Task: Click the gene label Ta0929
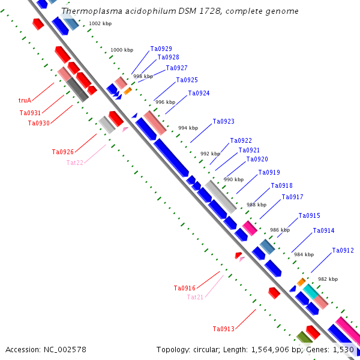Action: [x=161, y=49]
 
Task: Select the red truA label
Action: [x=25, y=100]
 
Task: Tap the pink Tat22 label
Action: [x=75, y=163]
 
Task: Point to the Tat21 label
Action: [x=195, y=297]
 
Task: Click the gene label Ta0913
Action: [x=223, y=329]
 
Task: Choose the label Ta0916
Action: [x=184, y=288]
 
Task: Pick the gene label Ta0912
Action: [x=343, y=250]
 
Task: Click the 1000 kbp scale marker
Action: [x=122, y=50]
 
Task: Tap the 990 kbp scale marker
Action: [x=233, y=179]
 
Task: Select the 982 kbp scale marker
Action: [x=328, y=279]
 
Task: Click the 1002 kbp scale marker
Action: [x=100, y=23]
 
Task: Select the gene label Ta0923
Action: [x=223, y=121]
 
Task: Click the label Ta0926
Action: [x=63, y=152]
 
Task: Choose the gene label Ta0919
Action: [x=269, y=173]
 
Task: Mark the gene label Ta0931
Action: [x=30, y=113]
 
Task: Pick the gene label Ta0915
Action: [x=309, y=215]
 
